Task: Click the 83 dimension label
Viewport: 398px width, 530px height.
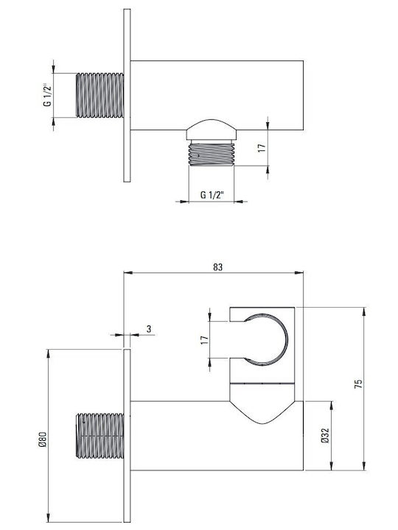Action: [x=218, y=267]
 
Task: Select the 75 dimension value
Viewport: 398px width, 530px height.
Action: [x=358, y=384]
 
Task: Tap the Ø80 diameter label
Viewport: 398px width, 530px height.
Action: [x=42, y=439]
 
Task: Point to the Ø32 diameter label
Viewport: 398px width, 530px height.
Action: [x=324, y=436]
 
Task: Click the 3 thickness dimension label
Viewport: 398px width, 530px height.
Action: [x=149, y=329]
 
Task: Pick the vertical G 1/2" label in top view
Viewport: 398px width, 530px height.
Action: [x=48, y=95]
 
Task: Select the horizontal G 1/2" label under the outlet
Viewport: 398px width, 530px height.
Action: [x=212, y=195]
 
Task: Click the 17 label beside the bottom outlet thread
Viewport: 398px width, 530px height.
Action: [x=262, y=148]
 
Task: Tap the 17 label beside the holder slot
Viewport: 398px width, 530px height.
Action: [x=204, y=340]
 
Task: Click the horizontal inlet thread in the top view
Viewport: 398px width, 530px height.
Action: [x=99, y=95]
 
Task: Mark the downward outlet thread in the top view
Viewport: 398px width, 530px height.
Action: [x=212, y=154]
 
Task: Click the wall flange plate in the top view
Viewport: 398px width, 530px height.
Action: [x=127, y=95]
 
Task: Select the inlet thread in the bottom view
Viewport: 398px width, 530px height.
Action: [x=99, y=436]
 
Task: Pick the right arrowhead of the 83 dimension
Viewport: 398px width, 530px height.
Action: [x=299, y=273]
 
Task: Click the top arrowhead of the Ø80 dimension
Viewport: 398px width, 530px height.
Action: [x=49, y=353]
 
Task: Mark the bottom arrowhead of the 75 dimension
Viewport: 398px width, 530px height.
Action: [x=364, y=466]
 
